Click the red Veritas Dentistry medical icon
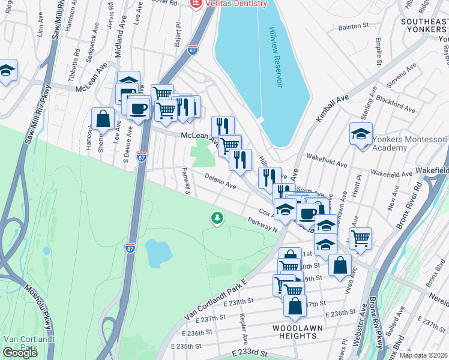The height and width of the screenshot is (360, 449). (196, 4)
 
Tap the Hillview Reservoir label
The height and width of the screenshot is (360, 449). (276, 58)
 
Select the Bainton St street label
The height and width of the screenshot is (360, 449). (353, 26)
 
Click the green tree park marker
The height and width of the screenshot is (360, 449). (217, 218)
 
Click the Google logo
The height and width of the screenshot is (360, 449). (20, 353)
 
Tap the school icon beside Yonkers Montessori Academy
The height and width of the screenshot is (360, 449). (361, 133)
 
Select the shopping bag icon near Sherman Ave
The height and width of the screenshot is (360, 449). (103, 118)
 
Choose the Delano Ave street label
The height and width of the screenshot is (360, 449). (220, 182)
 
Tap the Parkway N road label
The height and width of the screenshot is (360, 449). (262, 226)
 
